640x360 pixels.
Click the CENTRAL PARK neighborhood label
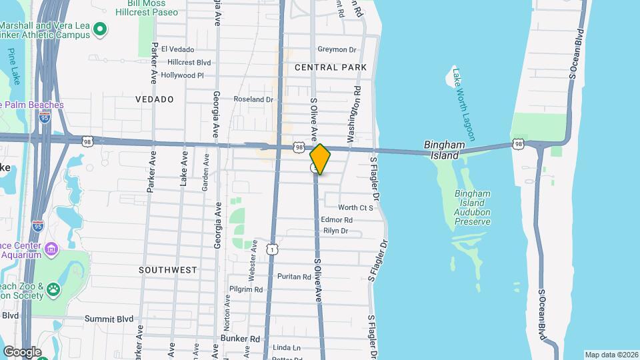click(331, 67)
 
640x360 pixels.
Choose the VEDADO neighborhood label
click(154, 99)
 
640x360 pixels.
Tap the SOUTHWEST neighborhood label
click(168, 270)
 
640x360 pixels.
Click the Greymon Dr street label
click(337, 49)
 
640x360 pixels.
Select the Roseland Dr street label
click(253, 99)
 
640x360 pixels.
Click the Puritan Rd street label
click(294, 277)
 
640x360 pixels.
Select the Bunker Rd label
click(239, 339)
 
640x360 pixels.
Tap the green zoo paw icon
click(53, 289)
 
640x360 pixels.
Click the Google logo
click(22, 351)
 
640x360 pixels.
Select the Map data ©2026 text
click(611, 355)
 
